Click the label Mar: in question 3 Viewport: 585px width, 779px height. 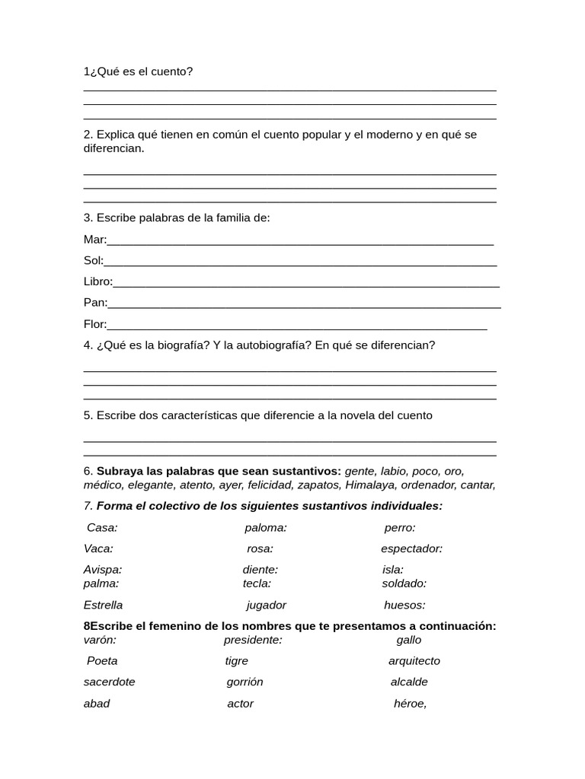pyautogui.click(x=94, y=240)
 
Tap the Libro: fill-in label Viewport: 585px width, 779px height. pyautogui.click(x=97, y=281)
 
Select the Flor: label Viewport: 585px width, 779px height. pyautogui.click(x=95, y=324)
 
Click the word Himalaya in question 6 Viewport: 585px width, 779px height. pyautogui.click(x=371, y=485)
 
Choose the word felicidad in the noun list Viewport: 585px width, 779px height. pyautogui.click(x=268, y=485)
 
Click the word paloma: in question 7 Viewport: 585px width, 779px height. pyautogui.click(x=266, y=527)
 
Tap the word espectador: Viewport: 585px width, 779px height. pyautogui.click(x=411, y=548)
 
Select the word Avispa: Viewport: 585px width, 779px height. pyautogui.click(x=103, y=570)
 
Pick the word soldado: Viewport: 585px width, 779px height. pyautogui.click(x=404, y=583)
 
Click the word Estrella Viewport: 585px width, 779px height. pyautogui.click(x=103, y=606)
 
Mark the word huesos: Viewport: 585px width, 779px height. pyautogui.click(x=404, y=606)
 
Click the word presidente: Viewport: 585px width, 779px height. pyautogui.click(x=253, y=640)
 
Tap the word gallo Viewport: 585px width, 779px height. pyautogui.click(x=409, y=640)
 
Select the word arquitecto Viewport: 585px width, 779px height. pyautogui.click(x=414, y=661)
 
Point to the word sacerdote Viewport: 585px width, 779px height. pyautogui.click(x=109, y=682)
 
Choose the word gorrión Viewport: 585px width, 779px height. pyautogui.click(x=245, y=682)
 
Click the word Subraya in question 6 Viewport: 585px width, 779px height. pyautogui.click(x=119, y=471)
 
